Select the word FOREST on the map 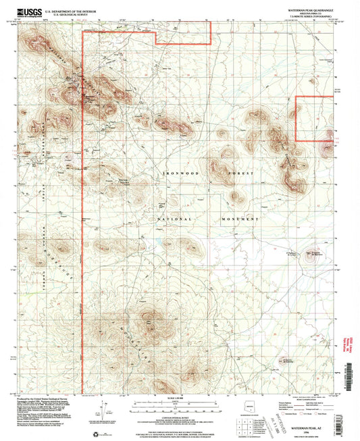pyautogui.click(x=242, y=174)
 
